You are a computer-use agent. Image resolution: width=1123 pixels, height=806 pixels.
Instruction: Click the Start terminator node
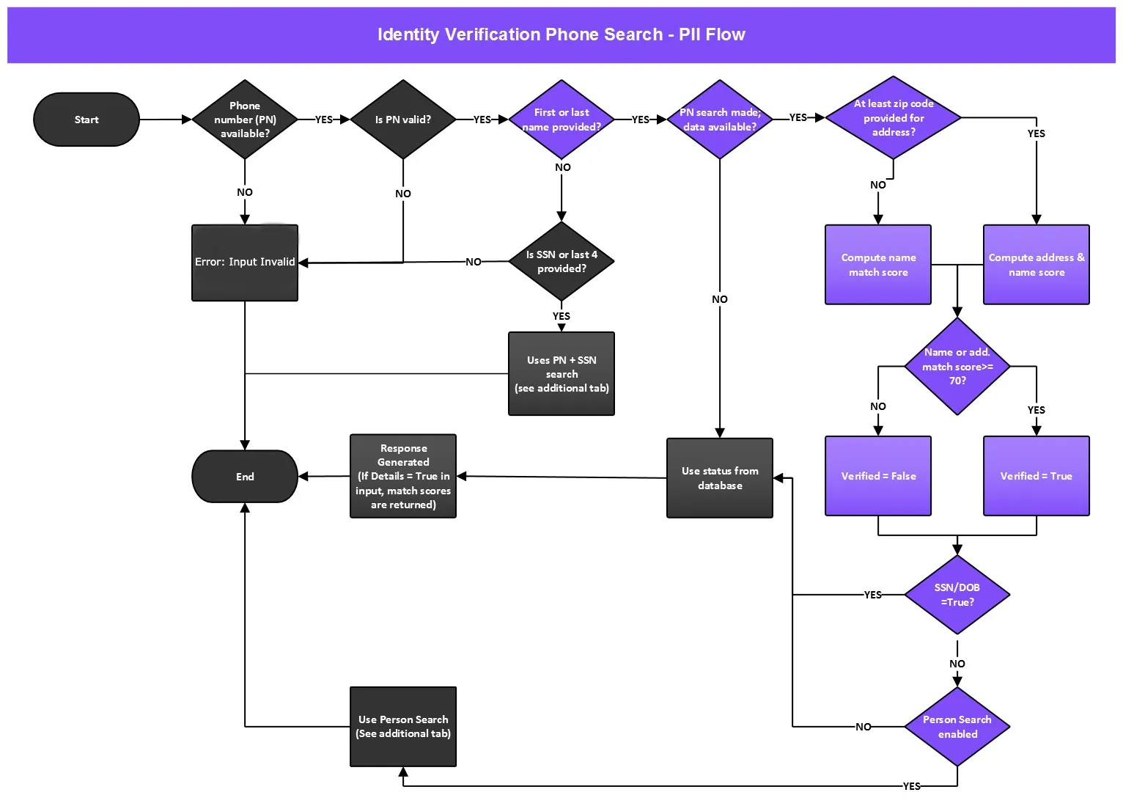86,120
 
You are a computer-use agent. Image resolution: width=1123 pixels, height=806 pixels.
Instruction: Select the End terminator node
245,477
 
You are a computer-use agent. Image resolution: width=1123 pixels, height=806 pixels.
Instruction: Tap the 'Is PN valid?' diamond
403,120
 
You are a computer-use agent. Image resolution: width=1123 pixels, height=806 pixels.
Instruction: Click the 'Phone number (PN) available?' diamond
245,120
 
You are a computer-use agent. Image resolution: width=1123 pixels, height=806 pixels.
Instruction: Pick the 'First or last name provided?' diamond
561,120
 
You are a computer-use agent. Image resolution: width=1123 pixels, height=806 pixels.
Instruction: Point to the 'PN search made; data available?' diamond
720,120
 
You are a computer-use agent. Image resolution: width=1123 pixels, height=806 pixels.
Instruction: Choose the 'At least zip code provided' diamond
894,118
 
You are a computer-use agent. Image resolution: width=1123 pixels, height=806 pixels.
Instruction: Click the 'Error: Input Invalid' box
245,263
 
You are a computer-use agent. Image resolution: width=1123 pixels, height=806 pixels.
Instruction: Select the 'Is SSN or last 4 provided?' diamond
561,261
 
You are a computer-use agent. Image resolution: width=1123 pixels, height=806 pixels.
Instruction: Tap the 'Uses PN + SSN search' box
561,373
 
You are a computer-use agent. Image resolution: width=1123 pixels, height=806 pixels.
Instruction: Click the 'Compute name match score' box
878,264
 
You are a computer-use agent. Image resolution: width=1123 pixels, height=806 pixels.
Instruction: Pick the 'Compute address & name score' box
1037,264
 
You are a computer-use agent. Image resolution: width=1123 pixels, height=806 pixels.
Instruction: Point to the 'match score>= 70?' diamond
957,366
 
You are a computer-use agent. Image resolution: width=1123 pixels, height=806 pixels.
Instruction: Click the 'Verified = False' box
878,476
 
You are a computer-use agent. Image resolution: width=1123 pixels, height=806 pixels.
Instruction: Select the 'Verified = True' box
1037,476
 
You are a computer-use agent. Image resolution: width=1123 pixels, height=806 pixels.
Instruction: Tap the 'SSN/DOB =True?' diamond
957,595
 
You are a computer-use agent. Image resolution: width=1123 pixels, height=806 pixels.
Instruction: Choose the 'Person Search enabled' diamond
957,727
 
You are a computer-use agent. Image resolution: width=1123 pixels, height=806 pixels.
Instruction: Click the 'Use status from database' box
720,478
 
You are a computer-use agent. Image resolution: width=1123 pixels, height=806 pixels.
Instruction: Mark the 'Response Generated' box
403,476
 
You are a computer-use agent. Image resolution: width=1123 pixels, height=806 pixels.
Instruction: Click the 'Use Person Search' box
403,727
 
